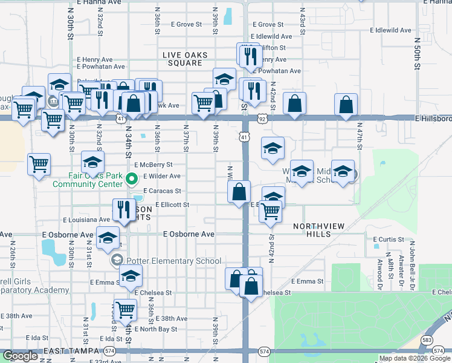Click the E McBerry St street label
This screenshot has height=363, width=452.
153,165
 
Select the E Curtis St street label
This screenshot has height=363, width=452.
388,240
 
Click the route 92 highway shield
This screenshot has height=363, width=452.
262,120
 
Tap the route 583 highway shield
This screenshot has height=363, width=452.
427,341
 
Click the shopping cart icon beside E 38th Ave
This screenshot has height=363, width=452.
126,310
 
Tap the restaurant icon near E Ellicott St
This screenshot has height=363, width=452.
124,209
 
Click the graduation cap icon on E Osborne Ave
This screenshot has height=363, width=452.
108,238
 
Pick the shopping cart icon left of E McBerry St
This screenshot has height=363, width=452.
39,163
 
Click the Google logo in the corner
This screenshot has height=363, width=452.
21,356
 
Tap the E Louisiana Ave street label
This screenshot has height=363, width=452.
86,220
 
